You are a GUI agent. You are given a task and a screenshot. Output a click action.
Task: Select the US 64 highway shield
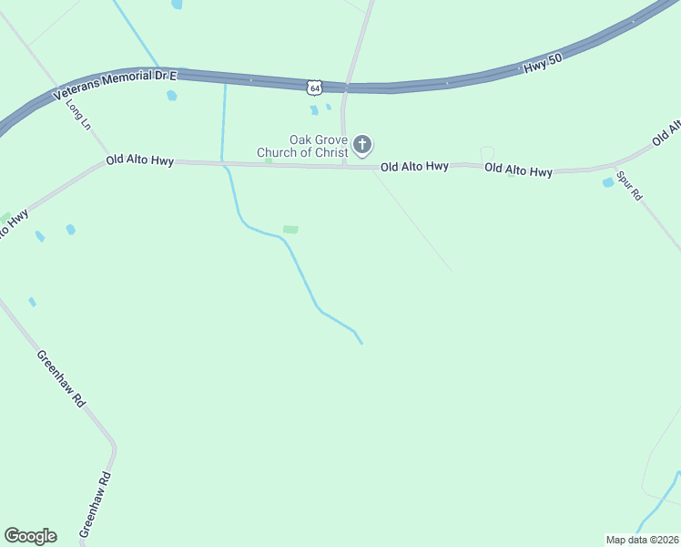tap(314, 87)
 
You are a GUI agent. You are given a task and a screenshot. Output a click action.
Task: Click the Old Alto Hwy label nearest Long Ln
tap(139, 160)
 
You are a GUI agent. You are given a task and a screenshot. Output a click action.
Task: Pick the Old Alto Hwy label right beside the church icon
tap(414, 167)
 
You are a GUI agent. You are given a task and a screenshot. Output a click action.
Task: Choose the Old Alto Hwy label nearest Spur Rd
tap(518, 170)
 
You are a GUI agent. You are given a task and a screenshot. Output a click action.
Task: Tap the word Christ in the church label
tap(330, 152)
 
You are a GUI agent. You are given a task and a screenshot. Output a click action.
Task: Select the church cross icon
tap(362, 145)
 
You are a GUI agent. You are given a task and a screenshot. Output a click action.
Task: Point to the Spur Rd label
tap(629, 185)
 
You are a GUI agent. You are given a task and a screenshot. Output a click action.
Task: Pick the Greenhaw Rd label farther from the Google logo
tap(61, 377)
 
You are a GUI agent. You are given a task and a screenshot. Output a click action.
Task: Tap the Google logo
tap(30, 536)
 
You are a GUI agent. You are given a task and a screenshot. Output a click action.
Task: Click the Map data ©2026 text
tap(642, 540)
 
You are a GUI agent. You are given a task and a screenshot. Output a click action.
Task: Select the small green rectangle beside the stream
tap(290, 229)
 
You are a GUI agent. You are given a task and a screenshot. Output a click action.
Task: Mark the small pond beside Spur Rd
tap(608, 182)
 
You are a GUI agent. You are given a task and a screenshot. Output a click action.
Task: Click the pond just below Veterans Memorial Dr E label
tap(171, 96)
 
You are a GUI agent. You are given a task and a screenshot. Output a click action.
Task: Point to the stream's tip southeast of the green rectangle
tap(361, 343)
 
